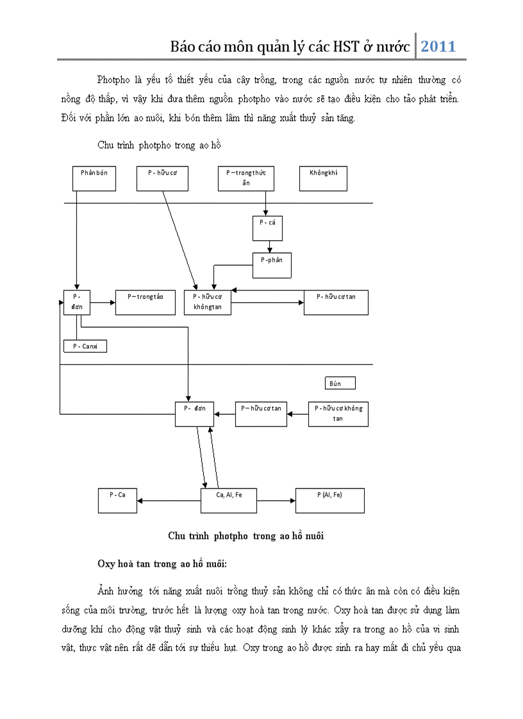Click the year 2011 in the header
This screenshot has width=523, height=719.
[438, 46]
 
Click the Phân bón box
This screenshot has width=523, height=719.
[94, 178]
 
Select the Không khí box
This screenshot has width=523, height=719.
[323, 178]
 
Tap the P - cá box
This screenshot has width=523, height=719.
[267, 228]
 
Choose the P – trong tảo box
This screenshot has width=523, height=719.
[145, 302]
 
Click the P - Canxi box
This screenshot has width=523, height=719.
[85, 346]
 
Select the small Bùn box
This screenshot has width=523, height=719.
[339, 383]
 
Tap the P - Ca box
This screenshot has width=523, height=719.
[117, 500]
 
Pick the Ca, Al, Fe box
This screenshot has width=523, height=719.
[229, 500]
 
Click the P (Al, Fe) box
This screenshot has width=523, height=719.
[329, 500]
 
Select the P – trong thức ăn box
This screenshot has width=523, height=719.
[245, 178]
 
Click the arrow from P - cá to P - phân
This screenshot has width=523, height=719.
[270, 246]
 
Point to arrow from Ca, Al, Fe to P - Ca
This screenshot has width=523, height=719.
[169, 501]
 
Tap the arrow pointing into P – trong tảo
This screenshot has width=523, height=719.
[103, 302]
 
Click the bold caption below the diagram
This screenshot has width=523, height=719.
[245, 536]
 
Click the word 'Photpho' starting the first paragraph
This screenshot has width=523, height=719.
[113, 80]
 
